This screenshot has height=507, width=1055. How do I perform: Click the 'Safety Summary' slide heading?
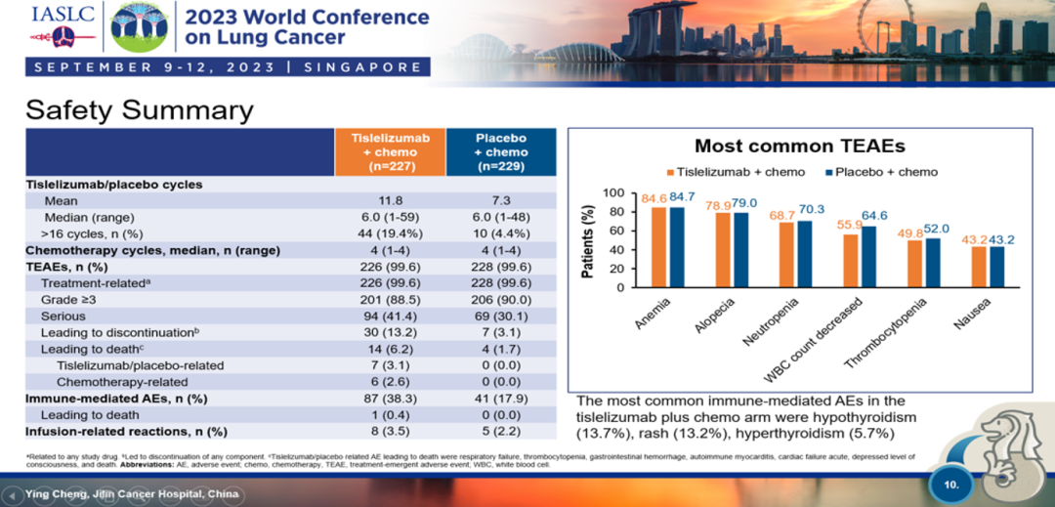pos(139,109)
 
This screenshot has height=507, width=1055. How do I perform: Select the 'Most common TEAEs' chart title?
pos(799,146)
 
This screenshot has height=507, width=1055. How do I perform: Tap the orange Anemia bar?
pos(658,247)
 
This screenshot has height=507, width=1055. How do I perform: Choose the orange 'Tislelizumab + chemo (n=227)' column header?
pos(390,151)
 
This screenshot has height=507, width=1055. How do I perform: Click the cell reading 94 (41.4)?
pos(390,317)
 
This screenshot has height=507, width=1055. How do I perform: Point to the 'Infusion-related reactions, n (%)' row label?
pos(126,431)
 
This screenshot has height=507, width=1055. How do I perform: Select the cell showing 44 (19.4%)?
pos(390,233)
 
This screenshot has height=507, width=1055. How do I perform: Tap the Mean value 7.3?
pos(500,200)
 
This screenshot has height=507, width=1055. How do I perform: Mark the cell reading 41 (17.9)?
pos(500,399)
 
